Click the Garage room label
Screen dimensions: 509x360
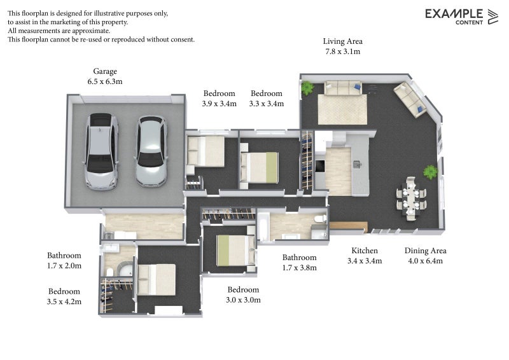tap(105, 71)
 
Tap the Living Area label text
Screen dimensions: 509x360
tap(342, 41)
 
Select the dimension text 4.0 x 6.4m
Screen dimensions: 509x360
tap(425, 261)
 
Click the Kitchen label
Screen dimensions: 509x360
tap(365, 251)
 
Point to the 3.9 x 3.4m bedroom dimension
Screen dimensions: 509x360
tap(219, 104)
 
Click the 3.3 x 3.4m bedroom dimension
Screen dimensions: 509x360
tap(267, 104)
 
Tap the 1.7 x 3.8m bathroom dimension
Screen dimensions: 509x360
tap(299, 268)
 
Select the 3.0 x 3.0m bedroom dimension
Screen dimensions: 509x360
tap(243, 300)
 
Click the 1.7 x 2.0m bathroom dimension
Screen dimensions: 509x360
tap(64, 266)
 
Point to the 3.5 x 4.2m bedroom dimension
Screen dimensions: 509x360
tap(64, 301)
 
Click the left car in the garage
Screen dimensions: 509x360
tap(101, 151)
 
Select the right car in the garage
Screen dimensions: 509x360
tap(151, 151)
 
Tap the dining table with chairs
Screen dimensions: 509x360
tap(411, 198)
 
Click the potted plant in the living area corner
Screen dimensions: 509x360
tap(307, 87)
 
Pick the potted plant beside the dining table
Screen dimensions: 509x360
tap(431, 172)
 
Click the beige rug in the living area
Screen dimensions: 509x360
tap(342, 109)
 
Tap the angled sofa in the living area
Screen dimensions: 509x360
tap(410, 99)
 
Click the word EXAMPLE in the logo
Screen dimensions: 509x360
tap(454, 14)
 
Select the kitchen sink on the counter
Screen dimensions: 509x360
tap(357, 164)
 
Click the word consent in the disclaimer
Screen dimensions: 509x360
tap(182, 39)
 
